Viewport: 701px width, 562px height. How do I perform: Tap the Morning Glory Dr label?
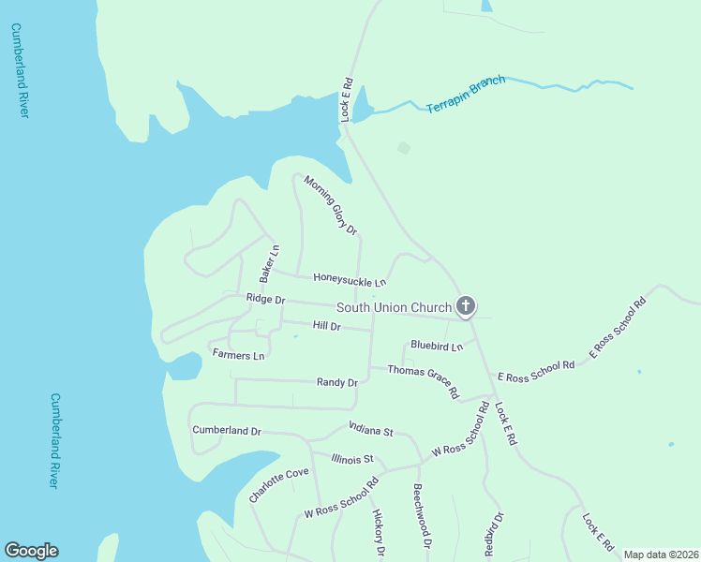click(331, 205)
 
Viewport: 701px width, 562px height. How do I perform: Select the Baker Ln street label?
click(270, 264)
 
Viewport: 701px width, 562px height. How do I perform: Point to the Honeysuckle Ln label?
click(350, 279)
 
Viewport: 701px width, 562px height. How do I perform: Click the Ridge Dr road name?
click(265, 299)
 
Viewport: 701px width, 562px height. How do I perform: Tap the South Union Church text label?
click(394, 306)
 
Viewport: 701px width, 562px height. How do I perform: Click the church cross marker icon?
click(466, 305)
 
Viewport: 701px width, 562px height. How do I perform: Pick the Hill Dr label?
click(326, 325)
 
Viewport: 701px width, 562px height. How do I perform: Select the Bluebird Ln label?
click(437, 346)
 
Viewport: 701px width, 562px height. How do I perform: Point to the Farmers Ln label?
click(238, 355)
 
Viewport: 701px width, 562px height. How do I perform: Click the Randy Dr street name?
click(337, 382)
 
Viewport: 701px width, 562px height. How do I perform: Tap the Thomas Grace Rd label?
click(424, 382)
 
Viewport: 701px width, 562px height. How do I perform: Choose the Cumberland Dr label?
click(226, 430)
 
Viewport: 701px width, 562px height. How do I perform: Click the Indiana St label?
click(371, 430)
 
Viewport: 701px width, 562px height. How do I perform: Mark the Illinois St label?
click(352, 458)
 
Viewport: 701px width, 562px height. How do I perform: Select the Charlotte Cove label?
click(278, 485)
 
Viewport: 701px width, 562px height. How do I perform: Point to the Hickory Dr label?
click(379, 533)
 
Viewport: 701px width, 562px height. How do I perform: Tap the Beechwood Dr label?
click(422, 516)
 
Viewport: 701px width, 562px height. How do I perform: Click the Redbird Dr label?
click(495, 535)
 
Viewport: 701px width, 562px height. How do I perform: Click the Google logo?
click(31, 551)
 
